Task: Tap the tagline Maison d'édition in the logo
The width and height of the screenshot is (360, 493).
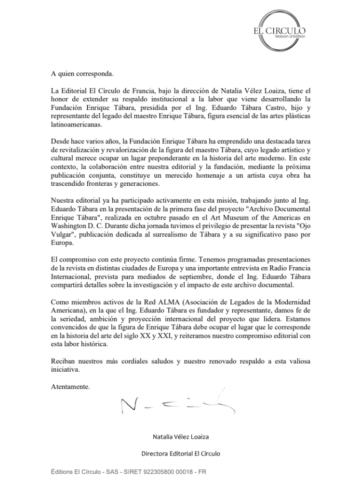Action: pos(289,36)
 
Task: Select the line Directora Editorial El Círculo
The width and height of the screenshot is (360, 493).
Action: pos(180,453)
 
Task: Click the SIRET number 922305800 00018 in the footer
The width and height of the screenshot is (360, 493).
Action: pos(159,472)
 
